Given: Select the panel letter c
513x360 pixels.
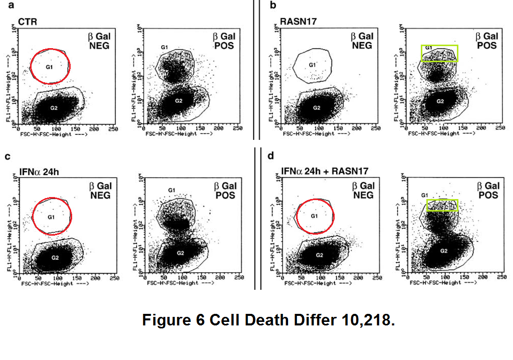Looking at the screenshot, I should click(x=8, y=156).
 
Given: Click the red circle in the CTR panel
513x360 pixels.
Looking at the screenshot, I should click(x=50, y=66).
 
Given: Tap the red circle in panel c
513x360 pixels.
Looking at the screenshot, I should click(x=52, y=215).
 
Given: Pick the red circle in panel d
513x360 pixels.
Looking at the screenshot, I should click(x=315, y=215).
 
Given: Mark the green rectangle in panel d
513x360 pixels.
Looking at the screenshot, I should click(x=442, y=205).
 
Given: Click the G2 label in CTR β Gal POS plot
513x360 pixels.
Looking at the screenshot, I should click(x=178, y=101).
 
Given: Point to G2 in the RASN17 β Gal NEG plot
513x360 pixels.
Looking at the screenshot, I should click(x=317, y=108).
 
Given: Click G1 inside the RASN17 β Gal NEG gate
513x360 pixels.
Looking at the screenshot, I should click(x=312, y=65).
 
